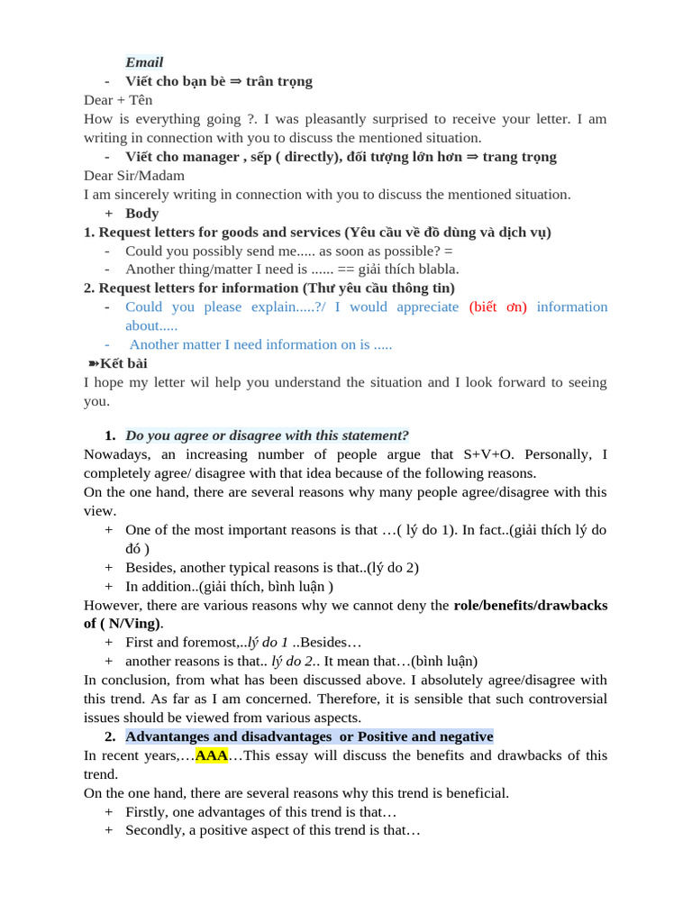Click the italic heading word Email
[x=144, y=62]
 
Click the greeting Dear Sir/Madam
[x=134, y=176]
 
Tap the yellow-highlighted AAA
[x=212, y=755]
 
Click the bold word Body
[x=142, y=214]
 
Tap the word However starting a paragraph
[x=113, y=605]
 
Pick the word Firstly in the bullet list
[x=146, y=812]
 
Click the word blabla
[x=435, y=269]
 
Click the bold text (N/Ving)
[x=132, y=624]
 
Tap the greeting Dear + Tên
[x=118, y=100]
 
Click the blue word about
[x=144, y=325]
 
